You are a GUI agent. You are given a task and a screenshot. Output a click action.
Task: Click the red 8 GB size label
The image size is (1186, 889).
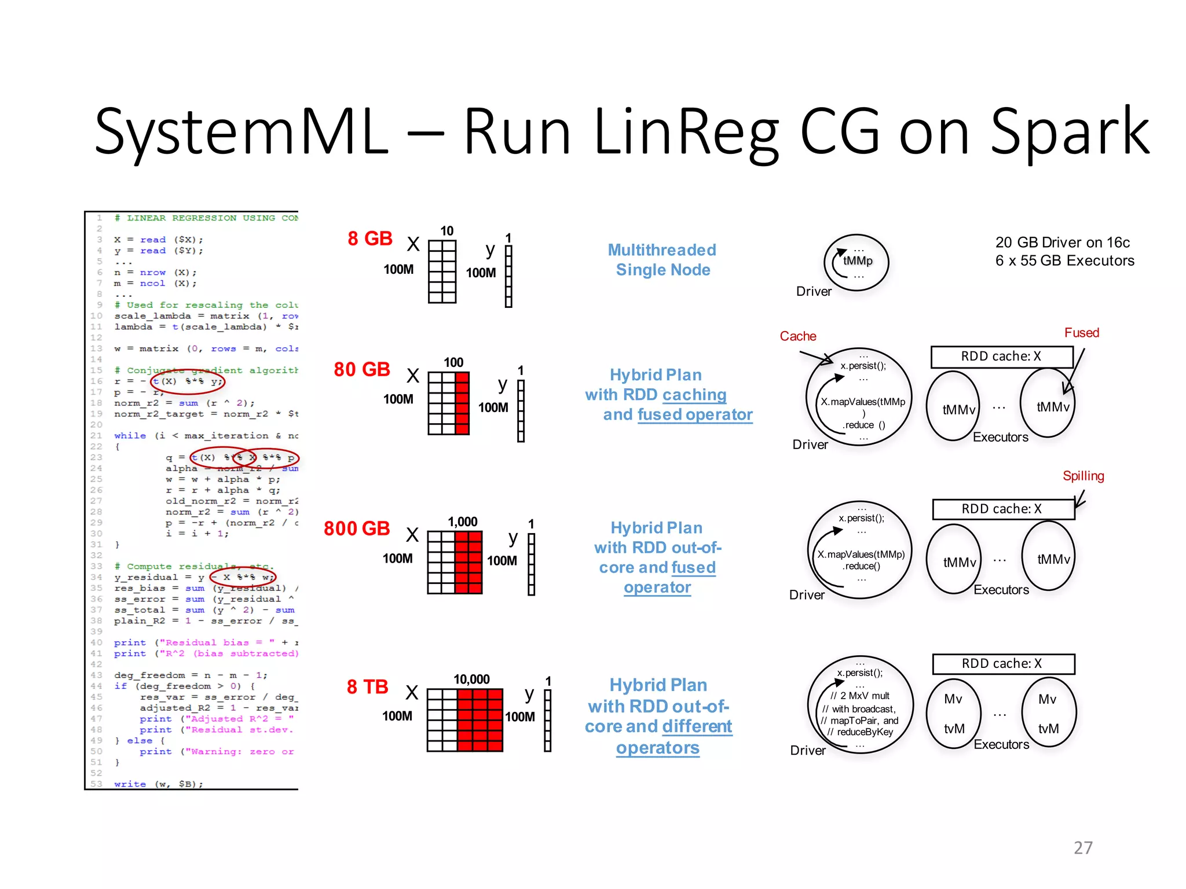click(x=369, y=238)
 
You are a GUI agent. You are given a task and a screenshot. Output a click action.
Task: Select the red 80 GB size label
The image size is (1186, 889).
click(x=362, y=369)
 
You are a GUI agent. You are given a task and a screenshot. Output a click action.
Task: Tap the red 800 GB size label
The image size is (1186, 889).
click(x=357, y=528)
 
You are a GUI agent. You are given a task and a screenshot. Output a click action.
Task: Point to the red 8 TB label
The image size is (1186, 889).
click(x=367, y=687)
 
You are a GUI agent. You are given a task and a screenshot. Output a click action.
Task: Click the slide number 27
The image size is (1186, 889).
click(x=1083, y=848)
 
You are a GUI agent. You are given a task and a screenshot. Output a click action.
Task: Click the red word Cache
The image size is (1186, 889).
click(x=797, y=336)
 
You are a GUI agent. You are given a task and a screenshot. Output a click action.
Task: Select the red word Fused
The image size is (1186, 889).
click(x=1081, y=333)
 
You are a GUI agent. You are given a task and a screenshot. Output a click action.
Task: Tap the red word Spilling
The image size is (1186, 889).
click(x=1083, y=476)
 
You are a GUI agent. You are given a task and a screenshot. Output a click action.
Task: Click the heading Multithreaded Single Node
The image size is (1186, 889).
click(x=662, y=260)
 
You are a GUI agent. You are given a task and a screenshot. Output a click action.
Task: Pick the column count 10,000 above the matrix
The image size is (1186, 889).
click(x=471, y=679)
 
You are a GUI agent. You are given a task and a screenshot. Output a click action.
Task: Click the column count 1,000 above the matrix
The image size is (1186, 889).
click(x=462, y=521)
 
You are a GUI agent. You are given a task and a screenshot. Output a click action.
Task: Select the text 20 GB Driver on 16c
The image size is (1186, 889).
click(x=1063, y=243)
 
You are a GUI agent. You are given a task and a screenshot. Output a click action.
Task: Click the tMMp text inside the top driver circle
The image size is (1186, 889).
click(x=858, y=261)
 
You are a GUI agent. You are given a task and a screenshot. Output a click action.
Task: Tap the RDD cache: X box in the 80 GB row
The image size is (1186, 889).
click(x=1001, y=357)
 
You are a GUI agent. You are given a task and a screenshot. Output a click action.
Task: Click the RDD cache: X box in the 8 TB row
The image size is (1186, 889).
click(x=1003, y=664)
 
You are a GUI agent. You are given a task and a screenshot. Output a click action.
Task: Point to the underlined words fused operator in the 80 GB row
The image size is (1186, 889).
click(x=695, y=414)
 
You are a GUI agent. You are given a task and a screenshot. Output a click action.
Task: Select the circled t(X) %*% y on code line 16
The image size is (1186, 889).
click(x=188, y=381)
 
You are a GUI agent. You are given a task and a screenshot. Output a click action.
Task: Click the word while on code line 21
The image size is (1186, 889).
click(x=130, y=436)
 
